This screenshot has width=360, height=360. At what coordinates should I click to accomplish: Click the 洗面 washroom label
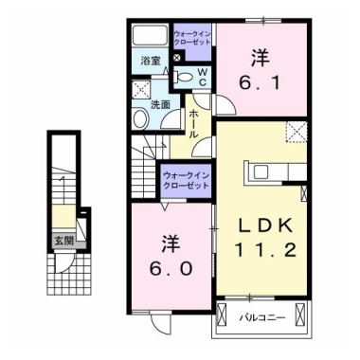[x=162, y=105]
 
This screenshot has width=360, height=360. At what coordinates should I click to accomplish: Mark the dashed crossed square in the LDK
[x=295, y=132]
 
